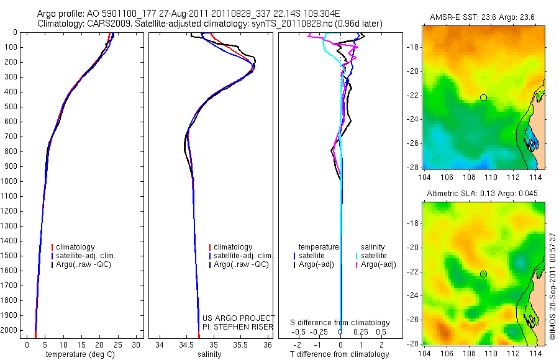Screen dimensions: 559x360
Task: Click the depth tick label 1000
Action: click(x=9, y=181)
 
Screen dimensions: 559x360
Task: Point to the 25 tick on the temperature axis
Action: click(x=117, y=345)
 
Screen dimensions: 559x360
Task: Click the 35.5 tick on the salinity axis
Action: click(x=240, y=345)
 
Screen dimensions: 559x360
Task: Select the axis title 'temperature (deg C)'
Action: click(x=80, y=354)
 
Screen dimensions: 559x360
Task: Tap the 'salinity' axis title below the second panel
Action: click(x=209, y=354)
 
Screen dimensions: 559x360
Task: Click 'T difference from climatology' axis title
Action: click(x=339, y=354)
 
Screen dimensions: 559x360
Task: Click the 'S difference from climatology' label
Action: click(x=340, y=323)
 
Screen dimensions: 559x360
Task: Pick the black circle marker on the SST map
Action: click(x=483, y=97)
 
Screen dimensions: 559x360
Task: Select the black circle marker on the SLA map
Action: click(x=483, y=274)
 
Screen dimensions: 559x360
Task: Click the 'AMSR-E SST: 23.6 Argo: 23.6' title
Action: click(x=483, y=17)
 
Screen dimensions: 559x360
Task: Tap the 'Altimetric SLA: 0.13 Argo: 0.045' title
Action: click(x=483, y=194)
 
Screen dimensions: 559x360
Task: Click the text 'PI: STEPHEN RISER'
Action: click(x=238, y=327)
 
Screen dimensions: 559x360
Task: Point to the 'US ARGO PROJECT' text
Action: click(x=239, y=318)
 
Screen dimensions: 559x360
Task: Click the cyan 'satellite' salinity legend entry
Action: click(x=371, y=256)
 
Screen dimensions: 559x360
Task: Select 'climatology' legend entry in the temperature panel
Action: click(x=73, y=247)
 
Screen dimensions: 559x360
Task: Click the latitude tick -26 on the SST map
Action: click(x=413, y=143)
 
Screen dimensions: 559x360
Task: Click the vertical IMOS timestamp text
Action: click(x=553, y=286)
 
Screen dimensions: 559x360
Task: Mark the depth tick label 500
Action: click(x=11, y=107)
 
